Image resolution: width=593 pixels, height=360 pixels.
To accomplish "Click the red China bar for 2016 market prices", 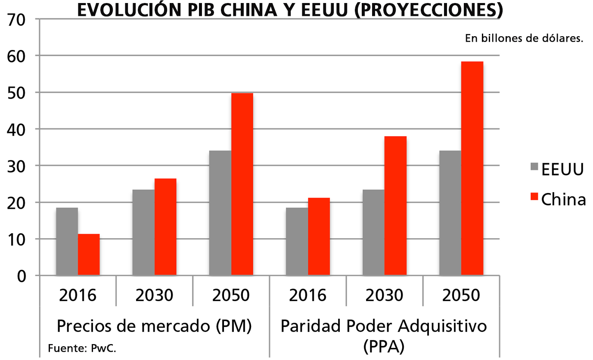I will pos(89,254).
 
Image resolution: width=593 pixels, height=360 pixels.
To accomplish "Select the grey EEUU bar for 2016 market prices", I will pos(67,242).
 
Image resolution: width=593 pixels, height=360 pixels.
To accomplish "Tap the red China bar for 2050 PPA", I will pos(472,168).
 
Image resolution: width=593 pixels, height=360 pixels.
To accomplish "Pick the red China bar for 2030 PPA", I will pos(395,206).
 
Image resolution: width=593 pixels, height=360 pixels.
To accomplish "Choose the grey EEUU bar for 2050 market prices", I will pos(220,213).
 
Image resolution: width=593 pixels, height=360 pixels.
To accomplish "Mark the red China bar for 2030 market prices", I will pos(165,227).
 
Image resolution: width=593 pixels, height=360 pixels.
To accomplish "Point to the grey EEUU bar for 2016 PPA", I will pos(297,242).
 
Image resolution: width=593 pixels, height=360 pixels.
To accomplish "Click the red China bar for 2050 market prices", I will pos(242,184).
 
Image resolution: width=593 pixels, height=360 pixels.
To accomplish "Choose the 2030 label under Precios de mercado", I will pos(154,295).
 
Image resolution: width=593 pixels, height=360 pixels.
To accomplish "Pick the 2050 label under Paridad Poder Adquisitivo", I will pos(461,295).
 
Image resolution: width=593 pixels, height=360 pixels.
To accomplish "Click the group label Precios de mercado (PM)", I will pos(154,326).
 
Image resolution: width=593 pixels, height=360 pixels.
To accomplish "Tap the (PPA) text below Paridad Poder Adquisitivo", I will pos(384,346).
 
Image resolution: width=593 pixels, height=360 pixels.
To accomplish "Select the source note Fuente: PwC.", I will pos(82,348).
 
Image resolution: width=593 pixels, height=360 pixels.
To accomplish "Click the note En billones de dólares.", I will pos(524,38).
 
